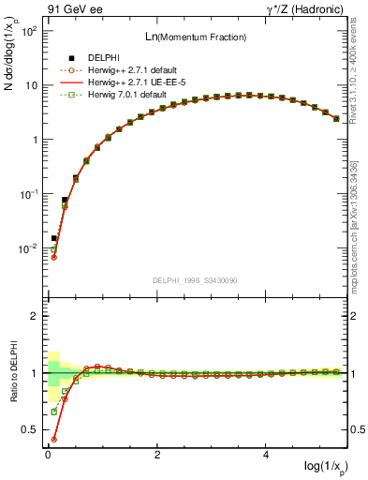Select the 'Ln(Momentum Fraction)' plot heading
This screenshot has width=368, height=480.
click(x=196, y=37)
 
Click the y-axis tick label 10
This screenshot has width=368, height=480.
click(x=31, y=85)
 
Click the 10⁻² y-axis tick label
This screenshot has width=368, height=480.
click(x=29, y=249)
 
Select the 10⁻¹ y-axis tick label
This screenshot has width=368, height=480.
click(x=29, y=194)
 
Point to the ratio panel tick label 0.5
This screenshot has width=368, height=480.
click(x=30, y=430)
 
